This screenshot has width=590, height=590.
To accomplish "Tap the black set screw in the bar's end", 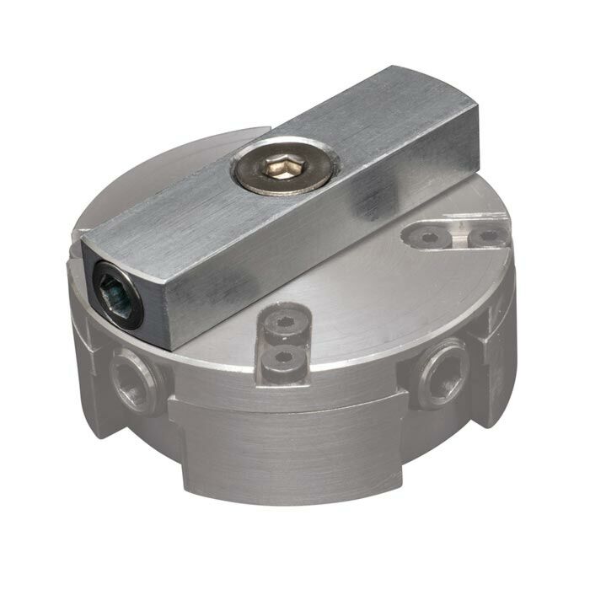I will (x=116, y=292).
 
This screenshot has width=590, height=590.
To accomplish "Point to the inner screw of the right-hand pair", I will (x=428, y=238).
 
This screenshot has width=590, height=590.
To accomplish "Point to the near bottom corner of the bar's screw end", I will (x=172, y=345).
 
